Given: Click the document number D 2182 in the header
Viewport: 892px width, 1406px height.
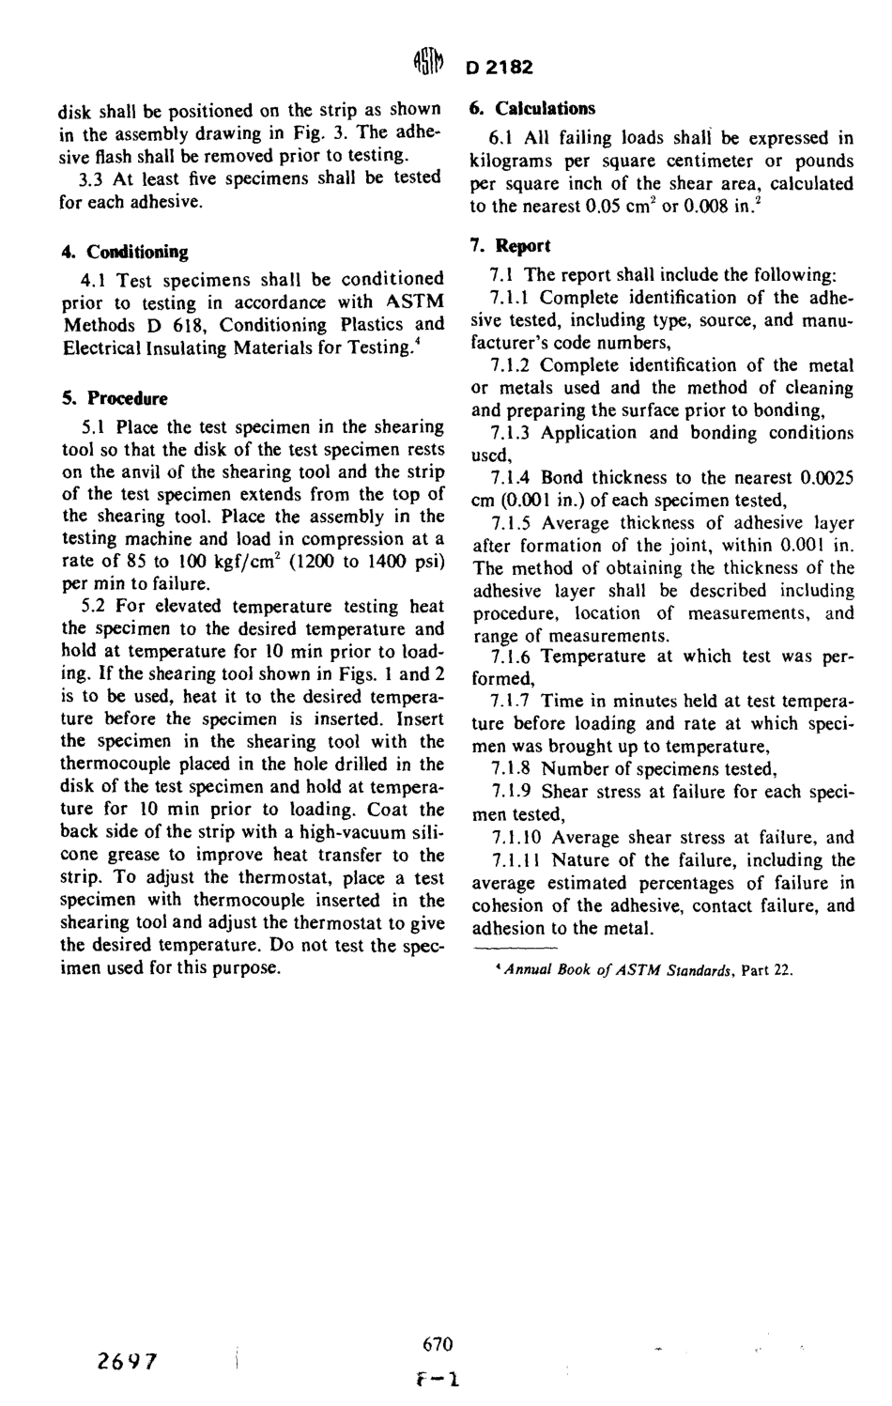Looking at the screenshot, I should [x=499, y=68].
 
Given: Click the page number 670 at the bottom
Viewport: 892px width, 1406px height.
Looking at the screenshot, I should [x=438, y=1344].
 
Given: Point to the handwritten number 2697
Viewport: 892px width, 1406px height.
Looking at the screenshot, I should [x=129, y=1362].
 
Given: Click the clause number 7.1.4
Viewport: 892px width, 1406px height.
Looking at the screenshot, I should [x=511, y=478].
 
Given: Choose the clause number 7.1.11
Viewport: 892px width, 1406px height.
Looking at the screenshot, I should [x=515, y=860].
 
